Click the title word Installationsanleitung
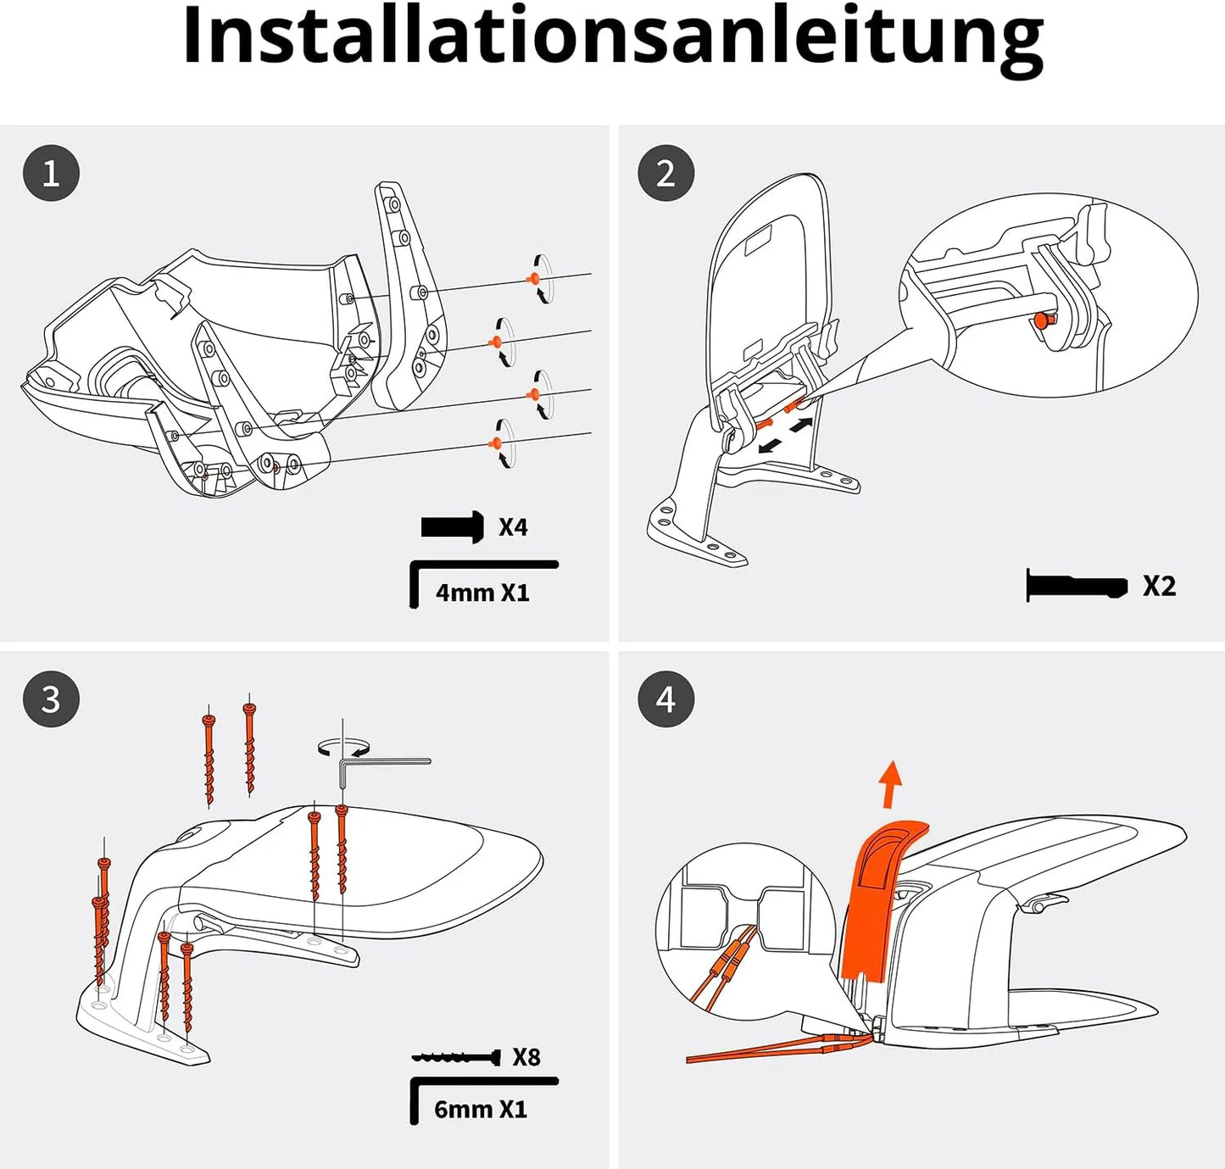point(613,39)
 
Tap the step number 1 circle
point(51,173)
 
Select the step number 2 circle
point(665,173)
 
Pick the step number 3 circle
point(51,699)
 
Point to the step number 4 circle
point(665,699)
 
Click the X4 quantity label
point(513,527)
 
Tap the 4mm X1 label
point(482,592)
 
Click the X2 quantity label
point(1160,586)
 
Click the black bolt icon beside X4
point(453,527)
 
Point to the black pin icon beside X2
point(1077,586)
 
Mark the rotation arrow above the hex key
point(343,747)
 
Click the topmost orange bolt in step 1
point(532,279)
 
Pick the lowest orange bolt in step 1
point(495,443)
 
